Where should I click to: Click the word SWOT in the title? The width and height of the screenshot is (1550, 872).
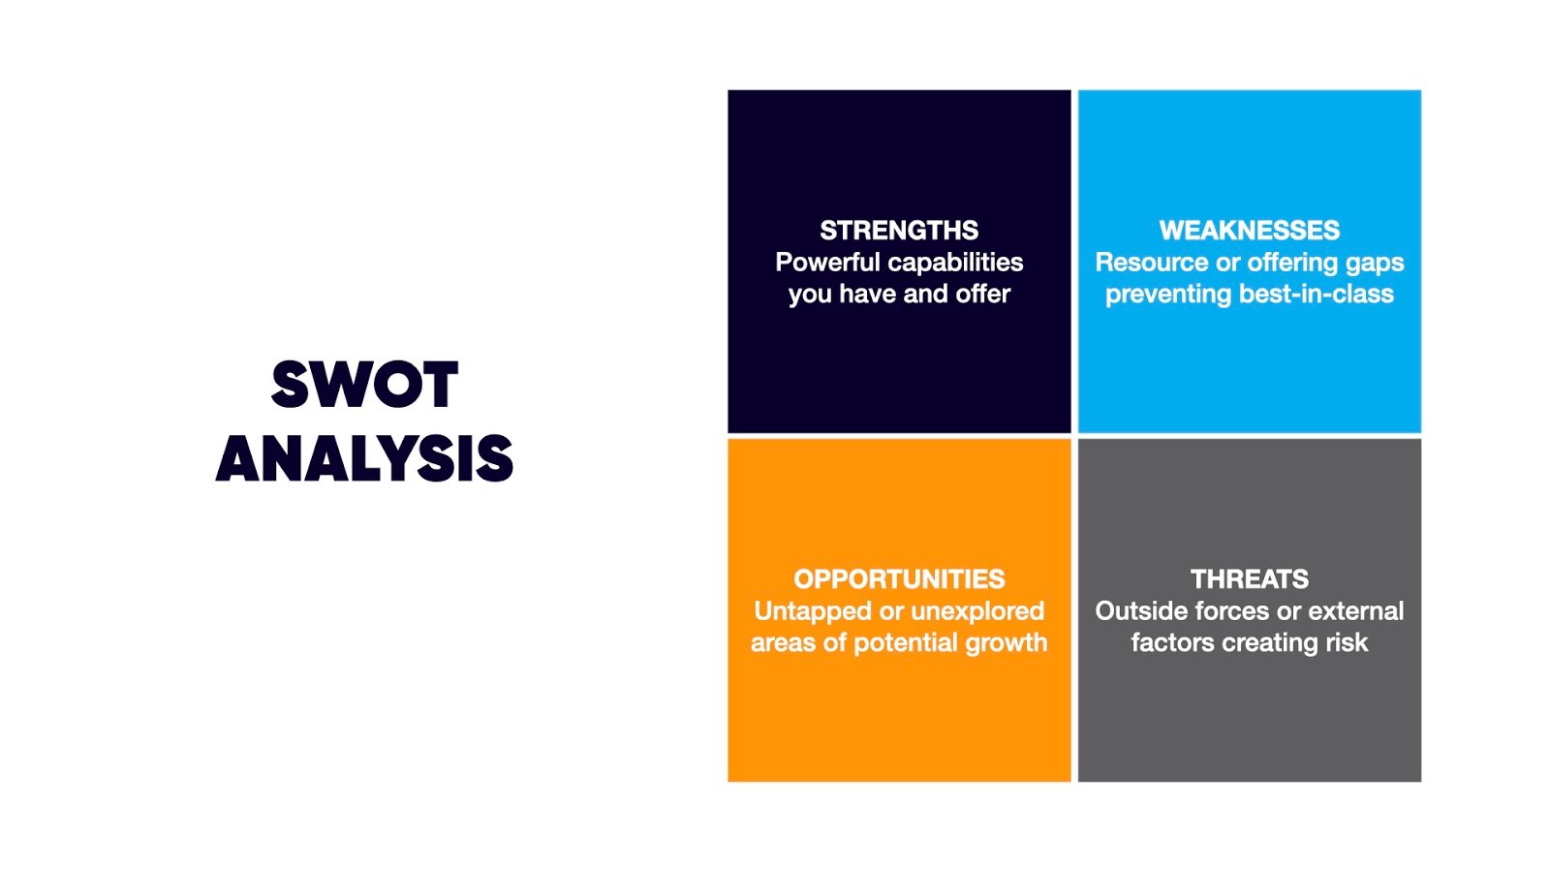click(x=364, y=384)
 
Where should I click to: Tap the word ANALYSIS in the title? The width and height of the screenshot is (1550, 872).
click(x=364, y=458)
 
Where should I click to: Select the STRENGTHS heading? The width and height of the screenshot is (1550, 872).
click(x=899, y=231)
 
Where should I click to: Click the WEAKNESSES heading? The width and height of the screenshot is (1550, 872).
click(x=1249, y=231)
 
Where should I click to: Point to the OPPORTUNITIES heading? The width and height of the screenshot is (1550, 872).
click(x=899, y=579)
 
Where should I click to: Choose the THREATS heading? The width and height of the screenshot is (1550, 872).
click(x=1249, y=579)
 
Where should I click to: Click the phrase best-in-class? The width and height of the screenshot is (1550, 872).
click(x=1317, y=295)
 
